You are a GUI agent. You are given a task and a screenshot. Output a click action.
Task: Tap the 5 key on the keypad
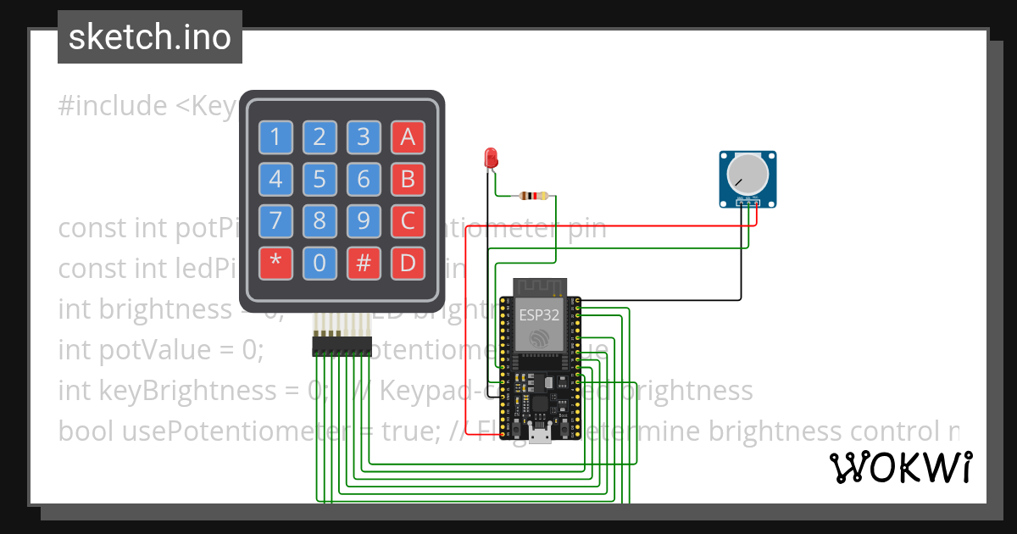[320, 180]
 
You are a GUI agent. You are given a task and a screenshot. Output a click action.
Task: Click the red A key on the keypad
[408, 136]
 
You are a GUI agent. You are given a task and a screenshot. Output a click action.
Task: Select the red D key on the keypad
[408, 264]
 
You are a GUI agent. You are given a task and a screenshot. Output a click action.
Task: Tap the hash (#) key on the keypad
[364, 264]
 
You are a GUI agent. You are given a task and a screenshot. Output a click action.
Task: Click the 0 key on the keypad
[320, 264]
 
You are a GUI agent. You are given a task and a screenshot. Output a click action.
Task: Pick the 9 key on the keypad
[364, 222]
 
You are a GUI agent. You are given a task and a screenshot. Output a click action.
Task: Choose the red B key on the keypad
[408, 180]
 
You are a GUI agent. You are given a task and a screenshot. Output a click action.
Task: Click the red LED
[490, 158]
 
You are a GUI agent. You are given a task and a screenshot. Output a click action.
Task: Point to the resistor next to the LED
[533, 197]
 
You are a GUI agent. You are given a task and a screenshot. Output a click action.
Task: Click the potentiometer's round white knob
[747, 175]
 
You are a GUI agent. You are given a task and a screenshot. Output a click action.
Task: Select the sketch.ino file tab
[150, 37]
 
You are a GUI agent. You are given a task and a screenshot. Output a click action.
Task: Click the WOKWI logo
[900, 467]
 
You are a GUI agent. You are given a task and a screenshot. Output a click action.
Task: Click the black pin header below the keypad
[342, 346]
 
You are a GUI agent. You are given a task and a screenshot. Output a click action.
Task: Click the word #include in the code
[113, 106]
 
